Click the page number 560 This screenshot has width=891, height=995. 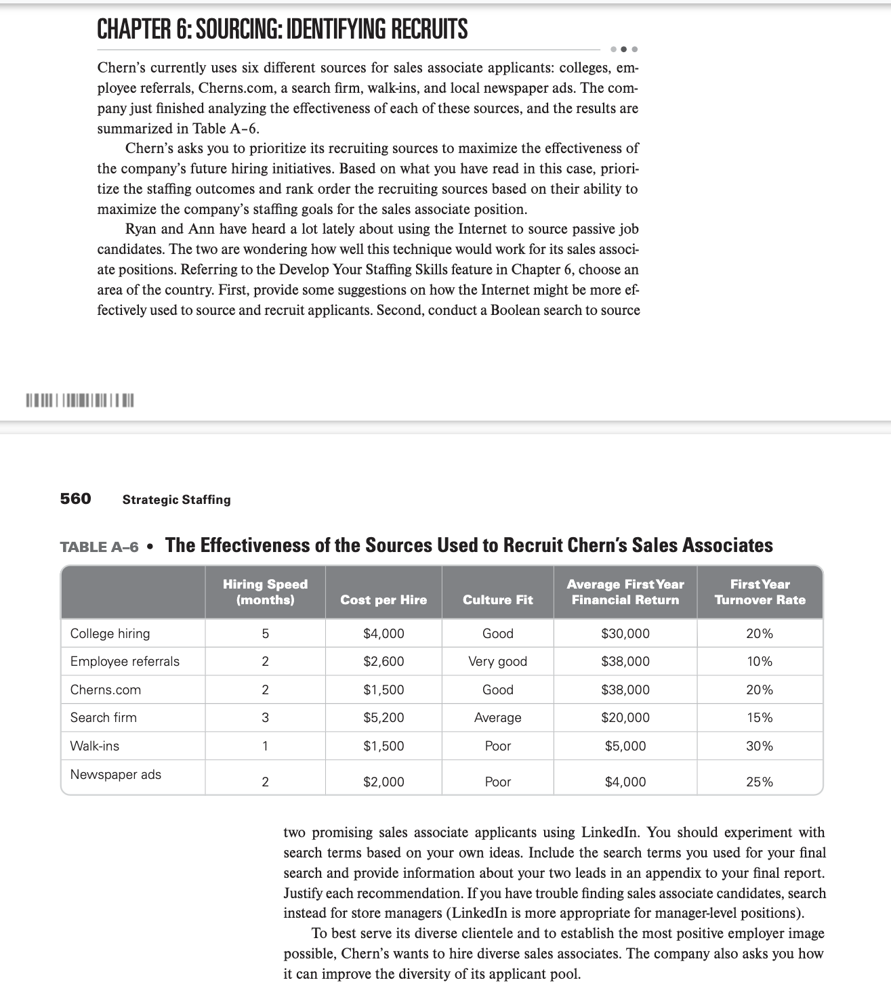click(75, 499)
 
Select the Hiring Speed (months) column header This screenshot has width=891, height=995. click(265, 592)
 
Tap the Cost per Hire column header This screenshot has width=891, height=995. click(384, 600)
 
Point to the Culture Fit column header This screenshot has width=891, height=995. click(497, 600)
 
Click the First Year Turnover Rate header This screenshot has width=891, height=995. click(760, 592)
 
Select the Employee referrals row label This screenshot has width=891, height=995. click(125, 662)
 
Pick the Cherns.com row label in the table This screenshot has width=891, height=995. click(106, 690)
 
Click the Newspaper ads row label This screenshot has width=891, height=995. click(116, 775)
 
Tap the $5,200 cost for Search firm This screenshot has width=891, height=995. click(384, 718)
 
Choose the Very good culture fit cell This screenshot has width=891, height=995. click(497, 662)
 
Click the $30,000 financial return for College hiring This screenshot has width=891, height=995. click(625, 634)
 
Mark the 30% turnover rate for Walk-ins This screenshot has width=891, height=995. click(760, 746)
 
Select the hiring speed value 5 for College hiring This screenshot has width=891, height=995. click(265, 634)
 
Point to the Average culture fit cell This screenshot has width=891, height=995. click(497, 718)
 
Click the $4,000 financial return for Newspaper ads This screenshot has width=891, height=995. click(625, 782)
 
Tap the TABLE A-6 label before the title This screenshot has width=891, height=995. click(99, 547)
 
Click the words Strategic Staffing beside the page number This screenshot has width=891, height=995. click(176, 500)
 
